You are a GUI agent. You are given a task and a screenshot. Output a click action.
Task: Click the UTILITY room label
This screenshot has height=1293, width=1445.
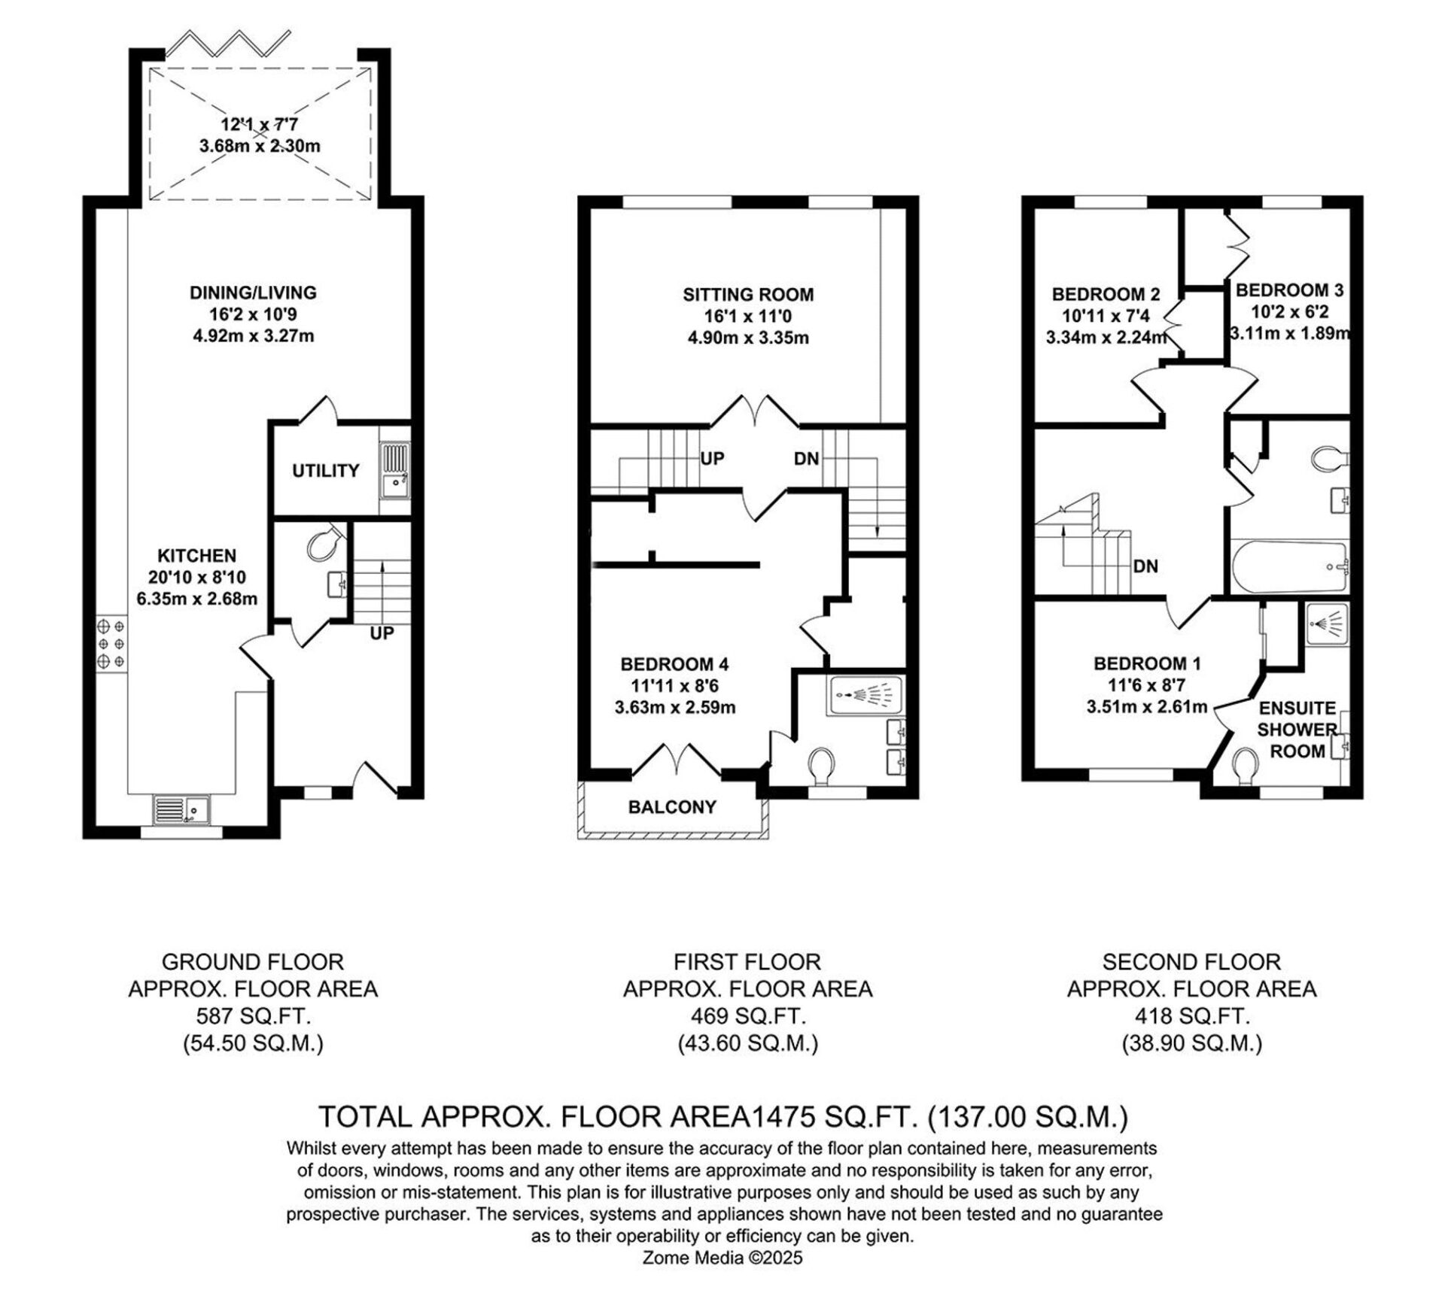pos(325,471)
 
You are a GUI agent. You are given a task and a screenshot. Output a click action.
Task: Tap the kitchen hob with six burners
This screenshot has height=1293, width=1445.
pos(111,643)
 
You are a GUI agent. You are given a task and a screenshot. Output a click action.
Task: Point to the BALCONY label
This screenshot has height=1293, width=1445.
pos(672,807)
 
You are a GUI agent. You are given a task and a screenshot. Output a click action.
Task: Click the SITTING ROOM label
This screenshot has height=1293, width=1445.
pos(748,295)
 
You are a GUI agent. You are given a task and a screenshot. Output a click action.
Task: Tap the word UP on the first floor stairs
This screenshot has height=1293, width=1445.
pos(712,457)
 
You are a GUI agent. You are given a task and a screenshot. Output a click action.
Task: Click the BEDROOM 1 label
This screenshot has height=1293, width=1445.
pos(1147,663)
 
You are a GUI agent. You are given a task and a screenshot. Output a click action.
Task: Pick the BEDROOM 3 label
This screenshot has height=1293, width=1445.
pos(1289,290)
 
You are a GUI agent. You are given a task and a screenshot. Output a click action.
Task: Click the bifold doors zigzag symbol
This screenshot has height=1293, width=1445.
pos(227,44)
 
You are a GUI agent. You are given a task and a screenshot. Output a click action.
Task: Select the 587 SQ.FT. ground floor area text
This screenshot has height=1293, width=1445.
pos(253,1017)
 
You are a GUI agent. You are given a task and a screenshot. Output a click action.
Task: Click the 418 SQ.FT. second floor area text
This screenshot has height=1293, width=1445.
pos(1191,1017)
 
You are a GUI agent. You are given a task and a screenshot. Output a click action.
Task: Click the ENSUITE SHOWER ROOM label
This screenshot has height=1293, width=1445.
pos(1296,730)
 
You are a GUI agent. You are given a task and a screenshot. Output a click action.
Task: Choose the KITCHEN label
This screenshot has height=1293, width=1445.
pos(197,556)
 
